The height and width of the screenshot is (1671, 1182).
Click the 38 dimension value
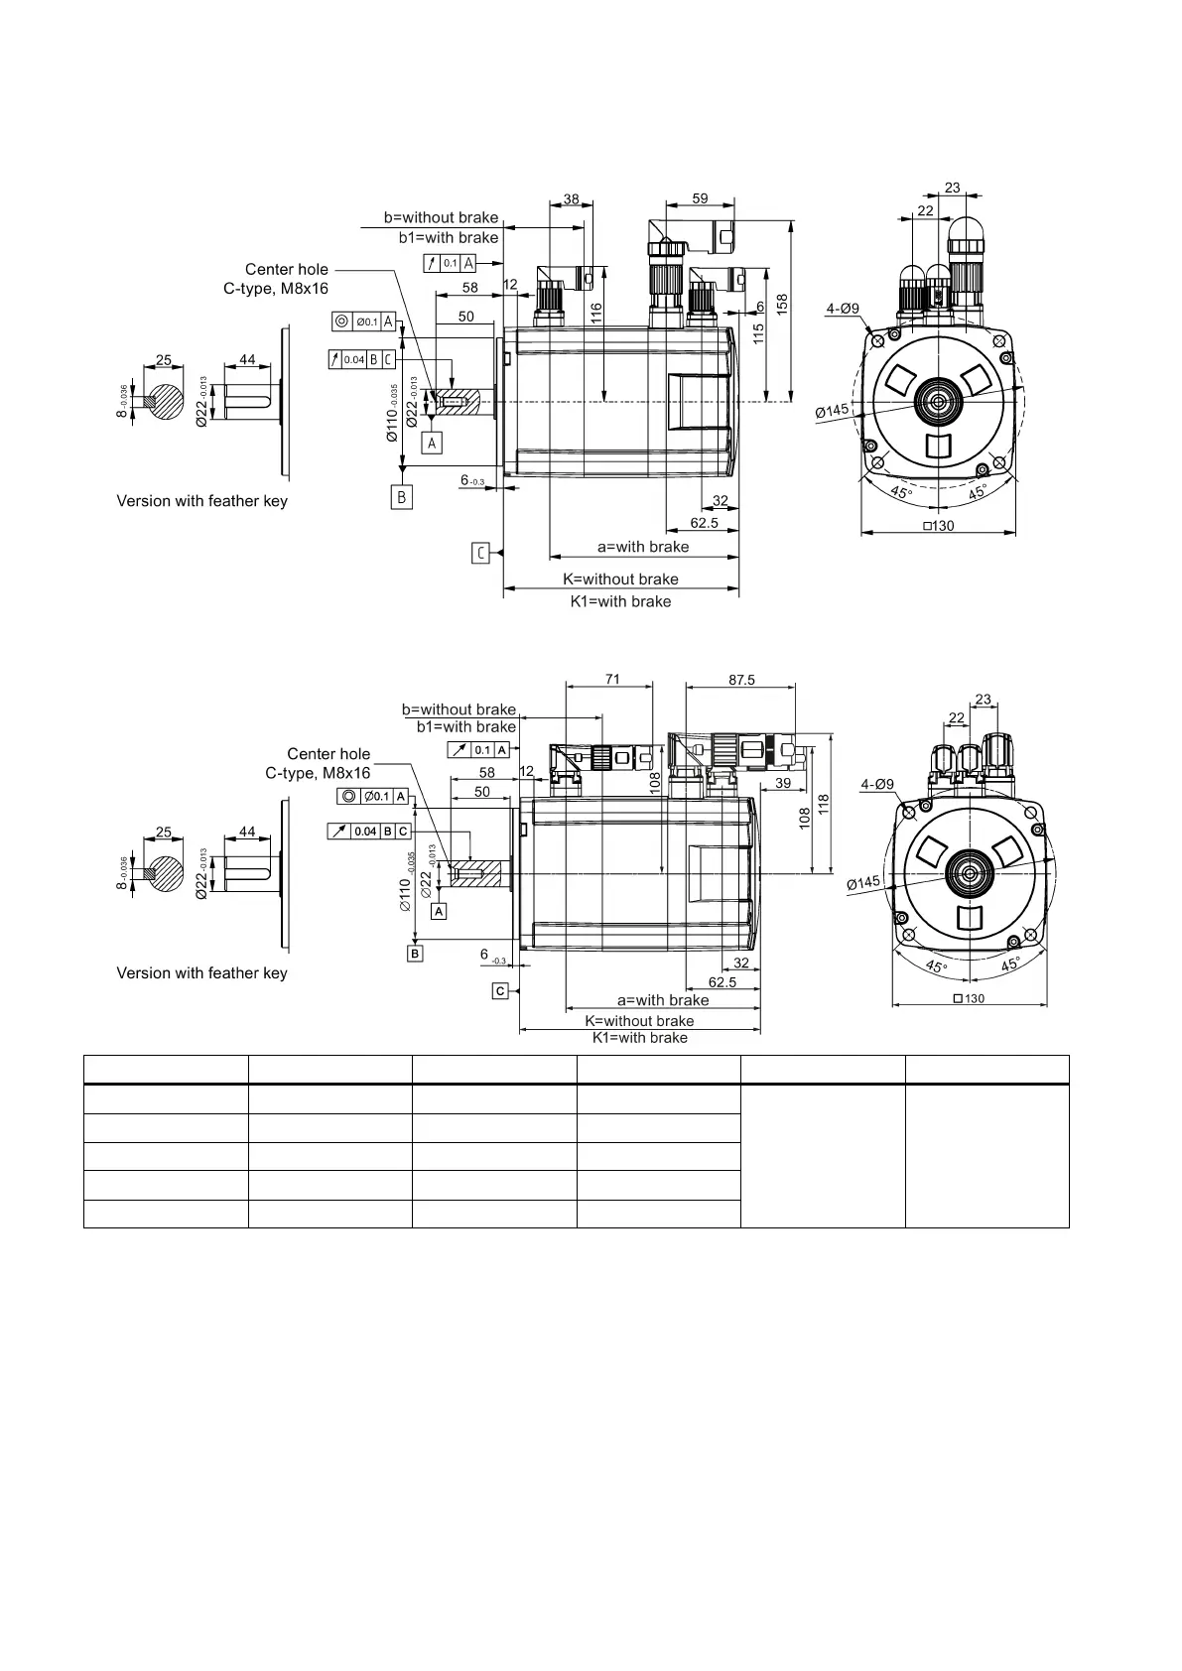pyautogui.click(x=571, y=198)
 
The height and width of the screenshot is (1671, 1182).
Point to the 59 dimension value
pyautogui.click(x=700, y=198)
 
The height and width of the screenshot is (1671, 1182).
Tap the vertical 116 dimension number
pyautogui.click(x=595, y=315)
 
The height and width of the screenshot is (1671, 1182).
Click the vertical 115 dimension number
pyautogui.click(x=758, y=333)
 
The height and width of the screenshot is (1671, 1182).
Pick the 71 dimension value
pyautogui.click(x=612, y=680)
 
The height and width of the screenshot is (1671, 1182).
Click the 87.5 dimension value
pyautogui.click(x=740, y=680)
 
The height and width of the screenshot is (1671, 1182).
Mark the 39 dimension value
pyautogui.click(x=782, y=784)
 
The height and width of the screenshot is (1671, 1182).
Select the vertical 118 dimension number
pyautogui.click(x=823, y=805)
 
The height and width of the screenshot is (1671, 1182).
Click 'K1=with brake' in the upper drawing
pyautogui.click(x=620, y=601)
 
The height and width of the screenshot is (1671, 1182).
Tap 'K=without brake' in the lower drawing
pyautogui.click(x=639, y=1021)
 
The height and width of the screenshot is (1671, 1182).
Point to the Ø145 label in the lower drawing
pyautogui.click(x=863, y=882)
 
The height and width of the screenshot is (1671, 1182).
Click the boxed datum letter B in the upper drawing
pyautogui.click(x=402, y=497)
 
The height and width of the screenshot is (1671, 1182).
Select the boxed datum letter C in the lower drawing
pyautogui.click(x=500, y=991)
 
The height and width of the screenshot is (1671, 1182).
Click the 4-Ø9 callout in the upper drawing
pyautogui.click(x=843, y=309)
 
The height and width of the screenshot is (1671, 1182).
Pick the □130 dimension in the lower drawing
pyautogui.click(x=968, y=998)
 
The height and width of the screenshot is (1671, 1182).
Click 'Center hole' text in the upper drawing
pyautogui.click(x=287, y=269)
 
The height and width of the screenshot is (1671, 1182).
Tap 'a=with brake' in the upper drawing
pyautogui.click(x=642, y=547)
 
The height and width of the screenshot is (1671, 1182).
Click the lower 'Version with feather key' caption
pyautogui.click(x=201, y=973)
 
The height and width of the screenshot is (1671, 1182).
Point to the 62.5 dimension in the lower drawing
pyautogui.click(x=722, y=982)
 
